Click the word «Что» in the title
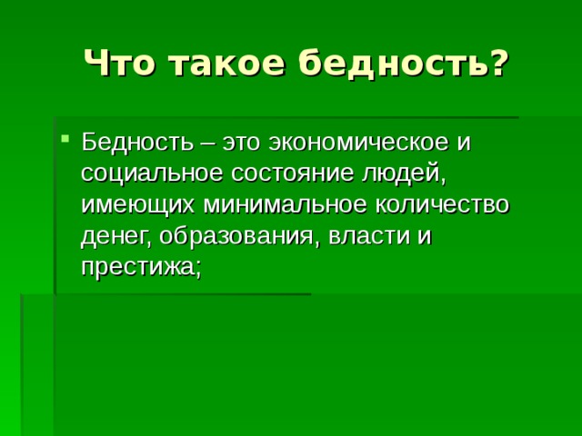click(119, 63)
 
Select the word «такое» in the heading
click(228, 64)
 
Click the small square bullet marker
click(65, 139)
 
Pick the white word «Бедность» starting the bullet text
click(137, 142)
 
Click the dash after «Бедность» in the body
click(208, 144)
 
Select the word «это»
click(242, 144)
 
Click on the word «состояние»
click(293, 175)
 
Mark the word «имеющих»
click(137, 206)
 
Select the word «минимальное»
click(285, 206)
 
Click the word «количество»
click(442, 206)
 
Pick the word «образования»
click(236, 236)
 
